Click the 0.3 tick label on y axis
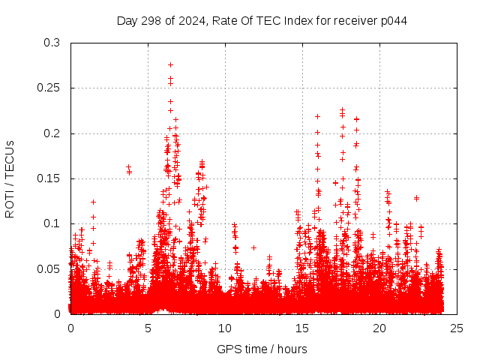coord(52,43)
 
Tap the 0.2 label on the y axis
coord(52,133)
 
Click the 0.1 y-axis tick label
coord(52,223)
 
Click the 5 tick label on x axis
coord(148,328)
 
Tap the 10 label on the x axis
coord(225,328)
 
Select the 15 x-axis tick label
coord(302,328)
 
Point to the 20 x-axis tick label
coord(379,328)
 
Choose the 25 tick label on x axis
coord(457,328)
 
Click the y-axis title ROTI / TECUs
coord(10,178)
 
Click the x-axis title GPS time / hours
coord(262,349)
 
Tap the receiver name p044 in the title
coord(393,20)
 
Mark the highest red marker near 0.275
coord(170,65)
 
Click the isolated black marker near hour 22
coord(416,198)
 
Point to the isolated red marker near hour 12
coord(253,247)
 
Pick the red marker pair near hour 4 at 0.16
coord(129,169)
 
